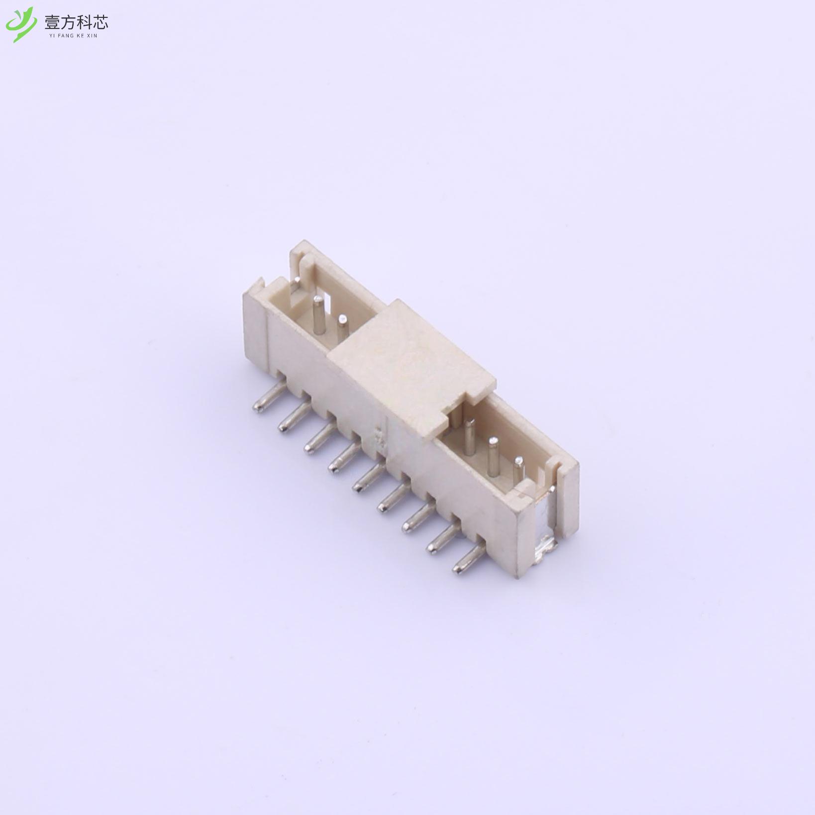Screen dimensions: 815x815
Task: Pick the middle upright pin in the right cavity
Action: pyautogui.click(x=493, y=456)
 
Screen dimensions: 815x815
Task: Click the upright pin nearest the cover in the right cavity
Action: pyautogui.click(x=469, y=436)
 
